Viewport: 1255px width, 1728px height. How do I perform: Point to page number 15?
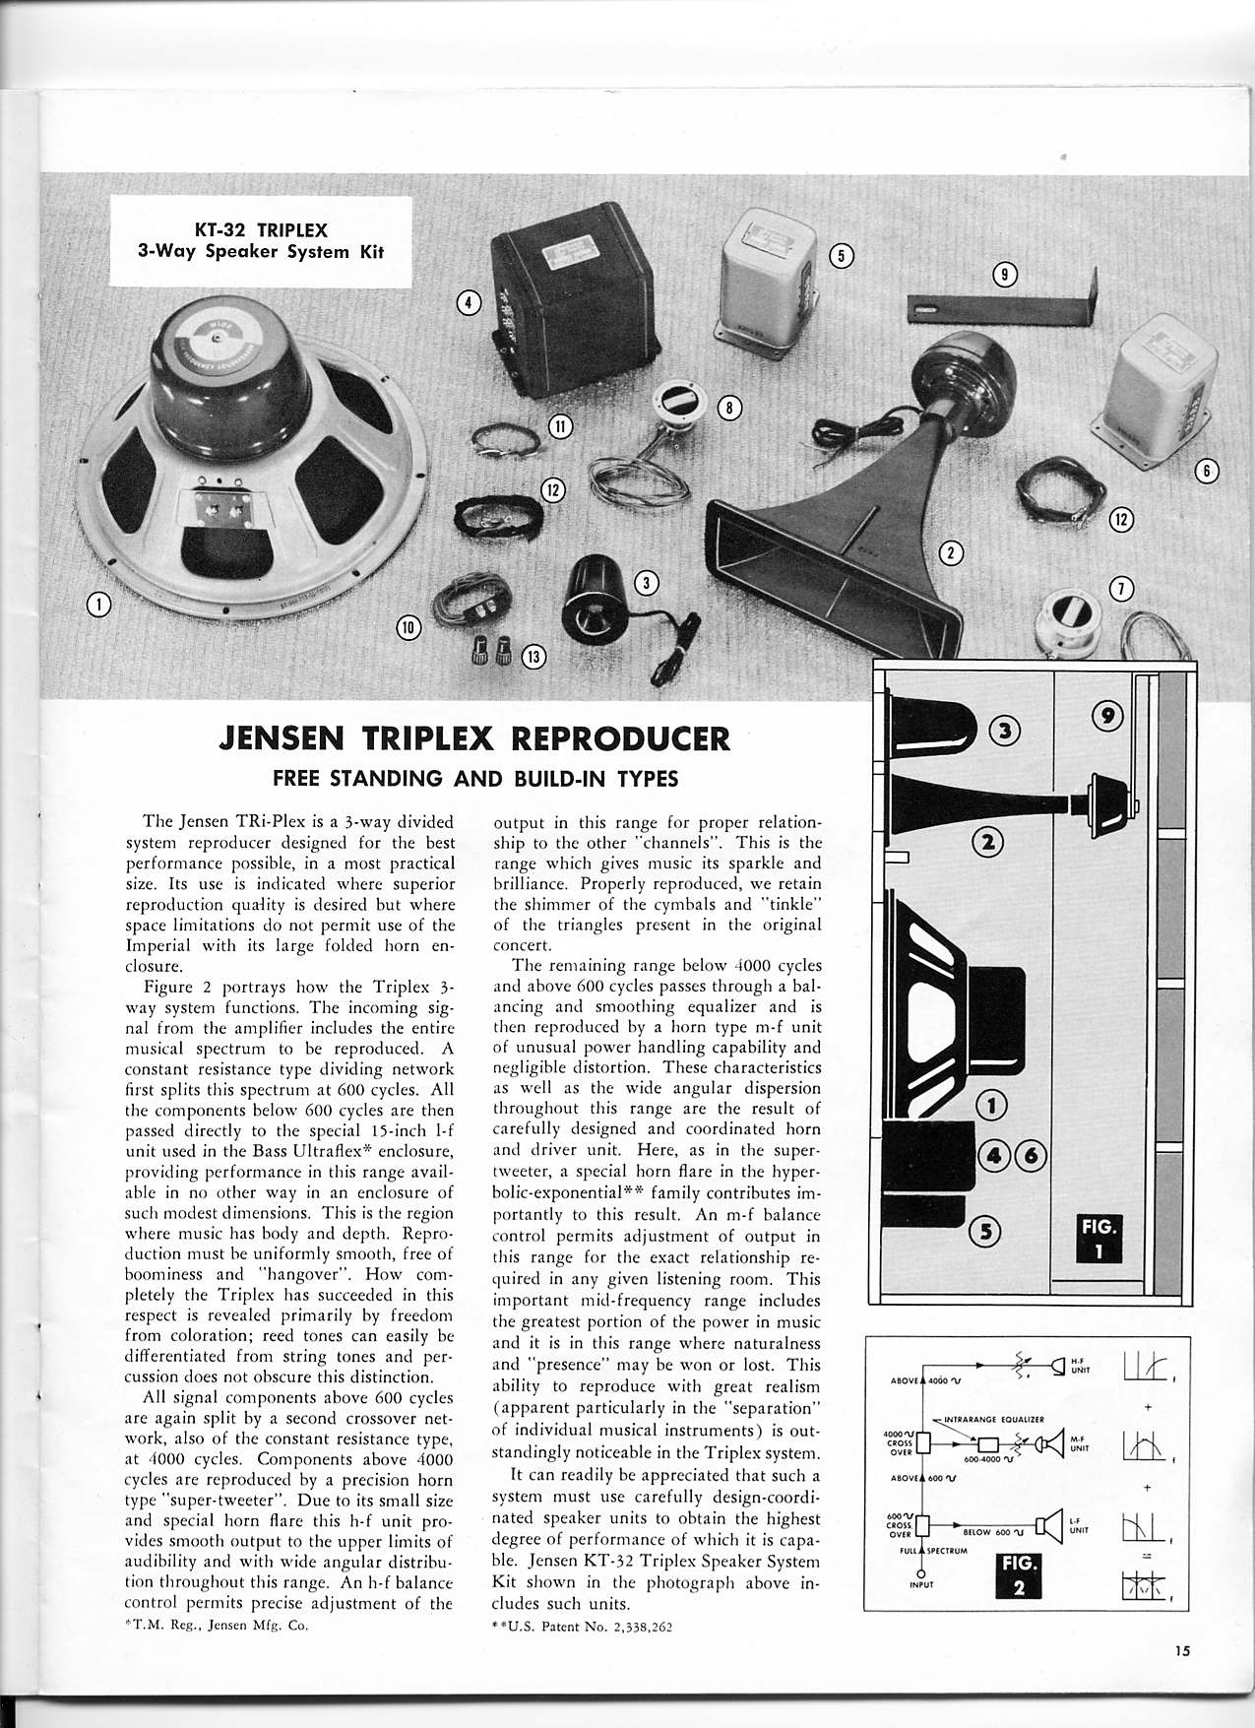click(x=1181, y=1653)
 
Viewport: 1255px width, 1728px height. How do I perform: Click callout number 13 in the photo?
click(x=533, y=656)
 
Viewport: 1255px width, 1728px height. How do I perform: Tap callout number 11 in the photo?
click(x=559, y=425)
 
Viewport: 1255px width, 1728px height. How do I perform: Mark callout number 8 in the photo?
click(x=728, y=406)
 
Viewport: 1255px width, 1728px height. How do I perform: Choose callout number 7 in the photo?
click(x=1121, y=590)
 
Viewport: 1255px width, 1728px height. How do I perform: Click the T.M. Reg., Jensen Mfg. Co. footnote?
click(x=225, y=1626)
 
